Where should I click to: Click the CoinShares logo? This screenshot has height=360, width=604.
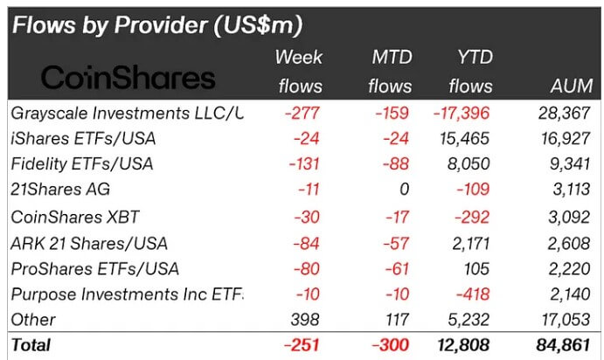tap(128, 78)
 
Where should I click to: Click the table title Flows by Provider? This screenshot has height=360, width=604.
tap(157, 25)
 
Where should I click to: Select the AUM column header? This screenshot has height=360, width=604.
tap(572, 86)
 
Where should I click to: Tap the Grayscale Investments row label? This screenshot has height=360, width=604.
tap(128, 113)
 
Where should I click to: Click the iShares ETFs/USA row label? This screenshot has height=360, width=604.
tap(82, 138)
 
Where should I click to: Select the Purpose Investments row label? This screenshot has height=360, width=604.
tap(128, 293)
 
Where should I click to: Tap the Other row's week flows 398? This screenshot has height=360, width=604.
tap(306, 319)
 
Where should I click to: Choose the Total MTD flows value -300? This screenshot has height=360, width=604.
tap(389, 345)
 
